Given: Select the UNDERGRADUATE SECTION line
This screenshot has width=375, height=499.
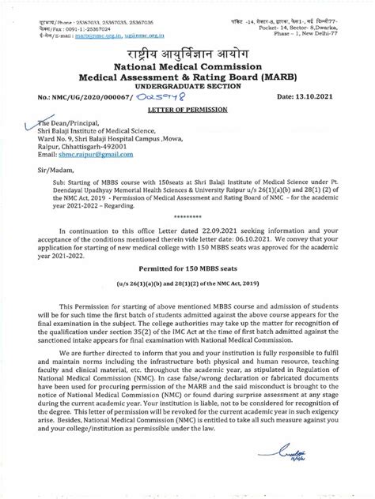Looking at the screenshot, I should point(187,77).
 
